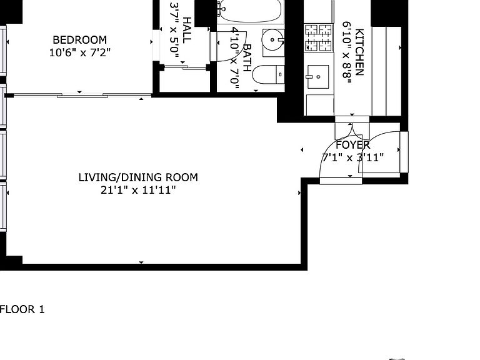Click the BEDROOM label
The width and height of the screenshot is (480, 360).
click(79, 40)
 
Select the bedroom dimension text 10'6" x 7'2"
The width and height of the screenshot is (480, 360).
click(79, 53)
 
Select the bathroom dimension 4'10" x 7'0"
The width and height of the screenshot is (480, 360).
click(235, 58)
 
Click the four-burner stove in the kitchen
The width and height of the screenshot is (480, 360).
click(318, 37)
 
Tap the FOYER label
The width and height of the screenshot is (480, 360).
click(353, 145)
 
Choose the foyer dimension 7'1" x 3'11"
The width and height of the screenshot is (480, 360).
click(352, 157)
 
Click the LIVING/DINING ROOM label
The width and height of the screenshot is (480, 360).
click(138, 177)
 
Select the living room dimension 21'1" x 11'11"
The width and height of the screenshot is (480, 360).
click(138, 191)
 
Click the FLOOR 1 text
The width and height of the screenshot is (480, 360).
click(22, 309)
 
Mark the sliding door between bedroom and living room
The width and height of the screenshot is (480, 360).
click(81, 95)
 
